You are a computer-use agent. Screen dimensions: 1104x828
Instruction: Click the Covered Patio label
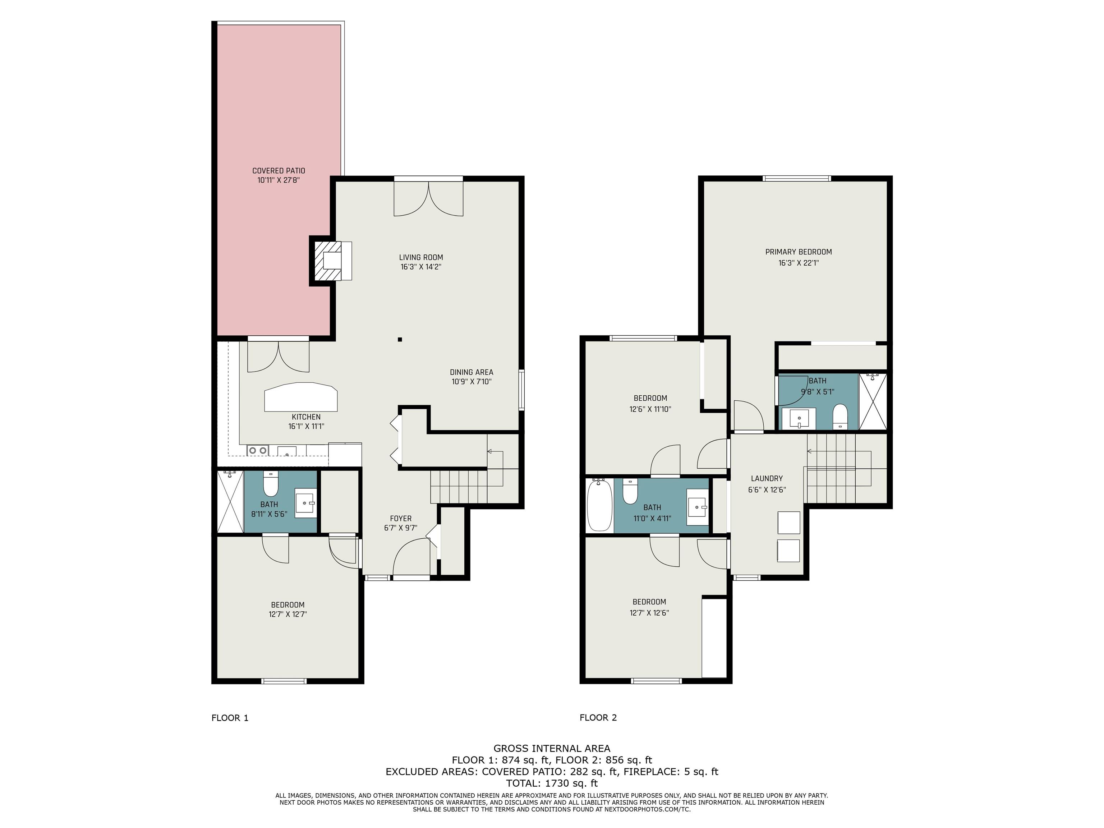[x=279, y=171]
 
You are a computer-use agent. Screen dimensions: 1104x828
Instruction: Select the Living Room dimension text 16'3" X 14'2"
[x=421, y=267]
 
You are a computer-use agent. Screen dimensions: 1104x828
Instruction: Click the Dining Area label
[x=471, y=372]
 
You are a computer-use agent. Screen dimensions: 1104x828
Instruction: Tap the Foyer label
[x=401, y=519]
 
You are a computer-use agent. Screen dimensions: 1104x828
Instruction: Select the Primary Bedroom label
[x=799, y=252]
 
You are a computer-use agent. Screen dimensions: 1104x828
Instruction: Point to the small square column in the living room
[x=400, y=339]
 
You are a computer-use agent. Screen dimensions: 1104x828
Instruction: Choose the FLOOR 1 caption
[x=230, y=718]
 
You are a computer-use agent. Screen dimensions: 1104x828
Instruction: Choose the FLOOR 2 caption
[x=598, y=718]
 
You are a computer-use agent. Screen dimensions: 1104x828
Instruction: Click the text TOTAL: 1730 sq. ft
[x=552, y=783]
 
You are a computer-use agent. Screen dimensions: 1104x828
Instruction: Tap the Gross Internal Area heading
[x=552, y=748]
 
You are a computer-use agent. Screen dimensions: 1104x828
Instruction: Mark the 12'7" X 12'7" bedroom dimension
[x=287, y=615]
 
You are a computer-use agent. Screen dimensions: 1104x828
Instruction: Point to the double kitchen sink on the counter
[x=258, y=450]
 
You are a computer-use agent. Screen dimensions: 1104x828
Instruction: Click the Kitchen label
[x=306, y=417]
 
